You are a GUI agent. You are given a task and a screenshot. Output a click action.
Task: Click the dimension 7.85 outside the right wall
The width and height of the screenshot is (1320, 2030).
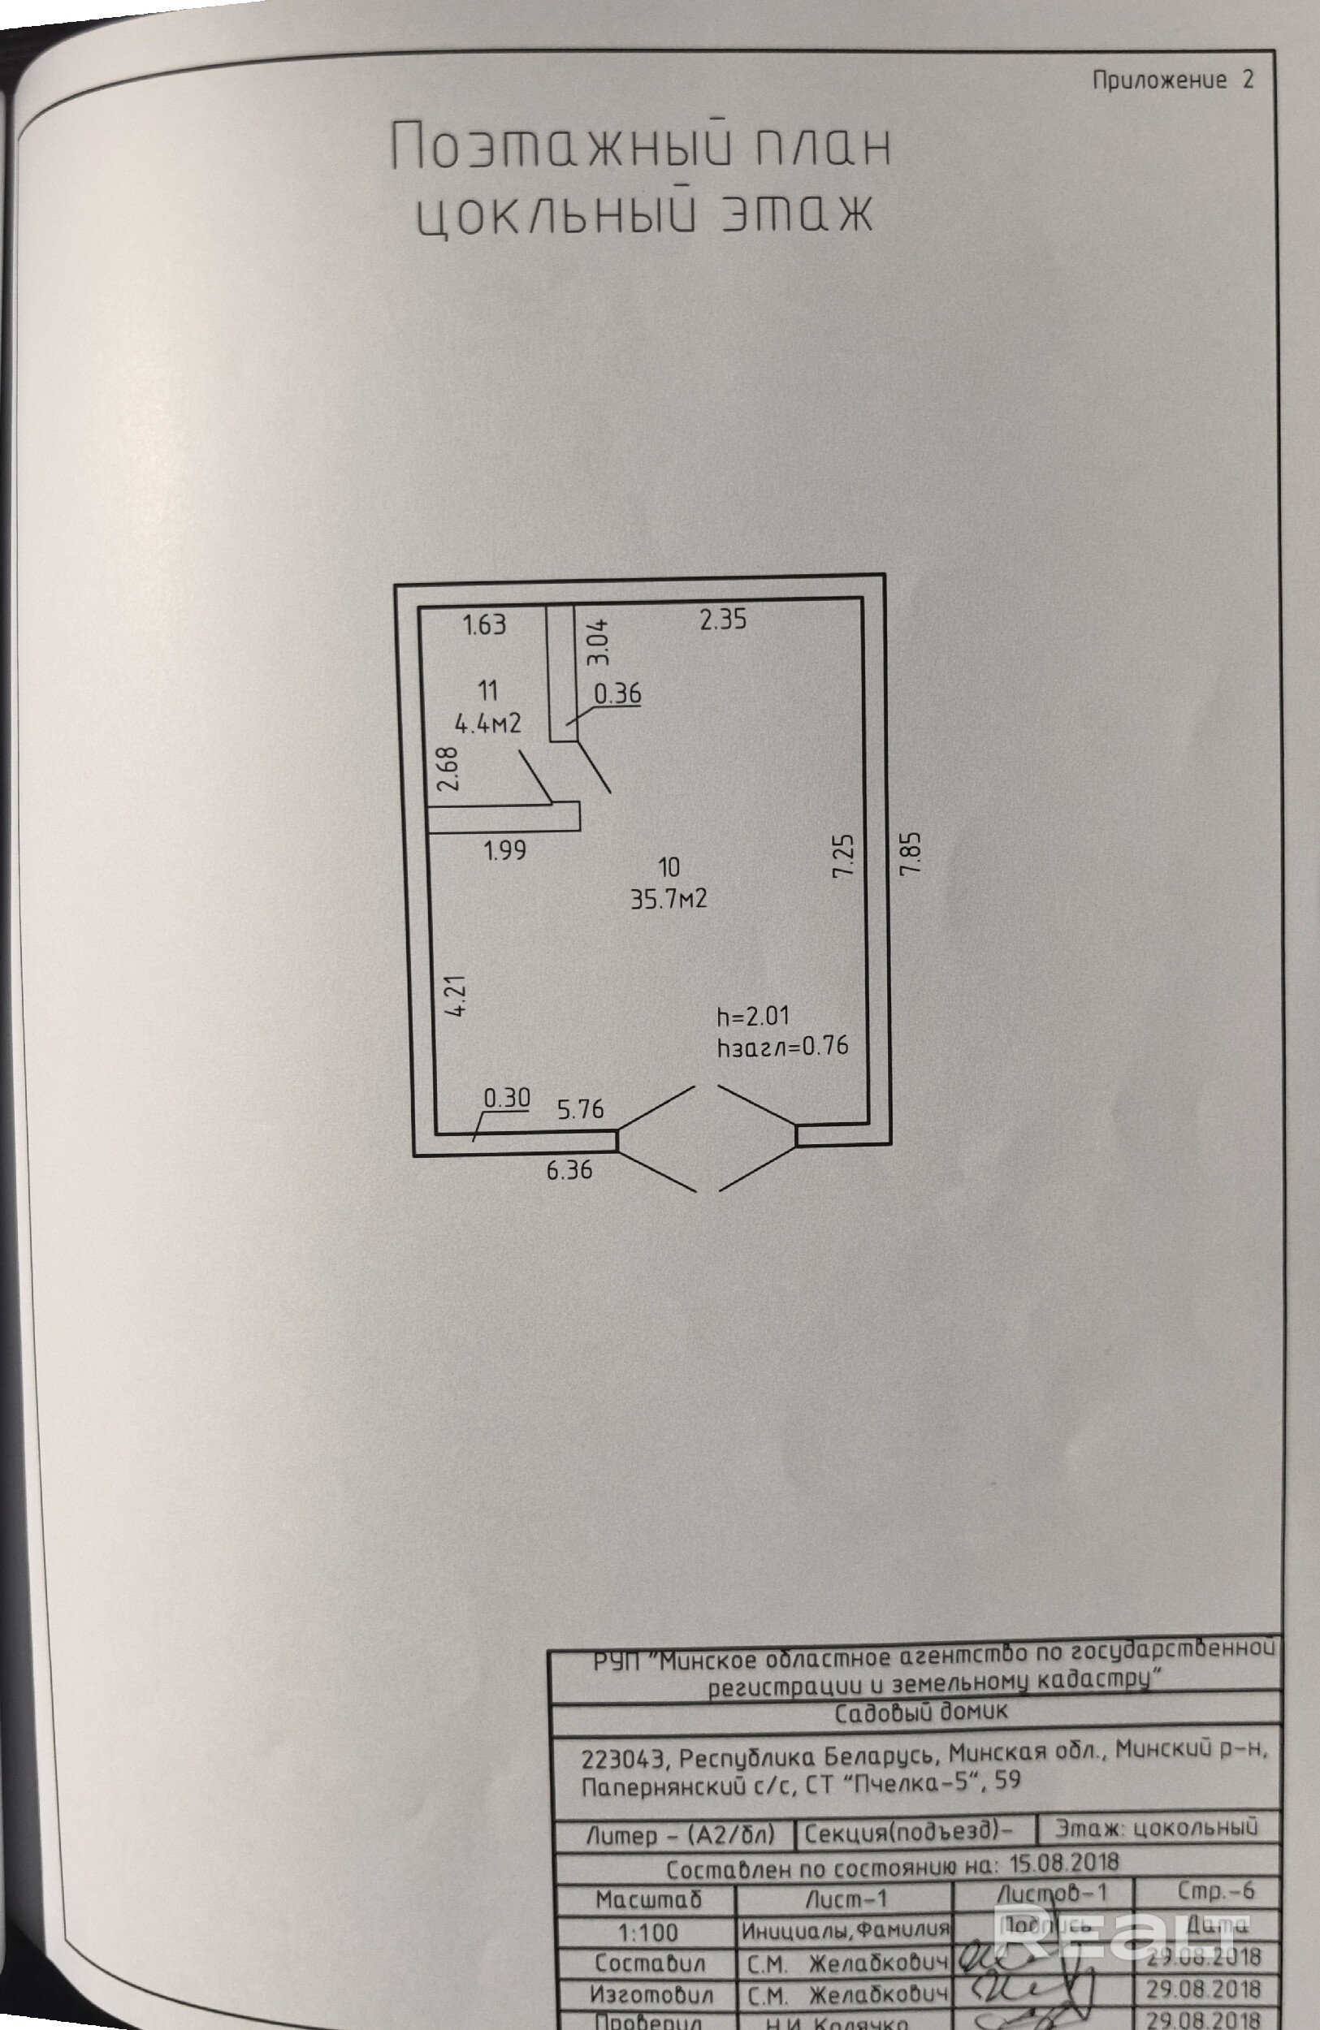(911, 852)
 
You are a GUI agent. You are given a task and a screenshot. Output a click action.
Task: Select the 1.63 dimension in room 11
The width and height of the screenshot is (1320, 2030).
(484, 625)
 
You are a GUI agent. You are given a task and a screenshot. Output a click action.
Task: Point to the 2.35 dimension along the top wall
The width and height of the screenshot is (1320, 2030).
(723, 620)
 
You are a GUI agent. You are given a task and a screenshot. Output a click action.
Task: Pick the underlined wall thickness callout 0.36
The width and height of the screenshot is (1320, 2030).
(617, 693)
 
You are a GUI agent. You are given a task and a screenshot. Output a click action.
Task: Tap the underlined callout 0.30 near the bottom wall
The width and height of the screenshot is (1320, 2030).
(507, 1098)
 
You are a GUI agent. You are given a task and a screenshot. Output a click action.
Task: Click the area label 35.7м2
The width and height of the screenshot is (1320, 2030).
(669, 899)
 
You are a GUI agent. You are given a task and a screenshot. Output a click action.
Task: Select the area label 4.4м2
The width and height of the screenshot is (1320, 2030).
(487, 724)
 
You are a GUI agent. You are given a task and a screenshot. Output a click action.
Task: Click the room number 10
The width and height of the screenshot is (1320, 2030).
(669, 867)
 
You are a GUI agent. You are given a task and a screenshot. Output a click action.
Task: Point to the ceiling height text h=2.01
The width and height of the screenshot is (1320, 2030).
(754, 1016)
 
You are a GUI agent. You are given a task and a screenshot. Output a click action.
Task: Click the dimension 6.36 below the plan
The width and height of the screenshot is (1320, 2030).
(569, 1169)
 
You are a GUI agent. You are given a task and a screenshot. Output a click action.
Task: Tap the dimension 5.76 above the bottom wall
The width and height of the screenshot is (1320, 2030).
(580, 1109)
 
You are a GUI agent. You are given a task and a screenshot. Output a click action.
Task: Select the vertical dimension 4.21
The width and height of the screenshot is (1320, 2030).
(458, 996)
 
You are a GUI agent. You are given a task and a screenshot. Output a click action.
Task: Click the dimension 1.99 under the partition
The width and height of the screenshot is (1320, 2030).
(505, 850)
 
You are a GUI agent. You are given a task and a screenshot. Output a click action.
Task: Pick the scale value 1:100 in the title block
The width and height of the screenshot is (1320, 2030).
(647, 1932)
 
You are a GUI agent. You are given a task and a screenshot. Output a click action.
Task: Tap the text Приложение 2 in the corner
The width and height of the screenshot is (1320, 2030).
(1172, 80)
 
